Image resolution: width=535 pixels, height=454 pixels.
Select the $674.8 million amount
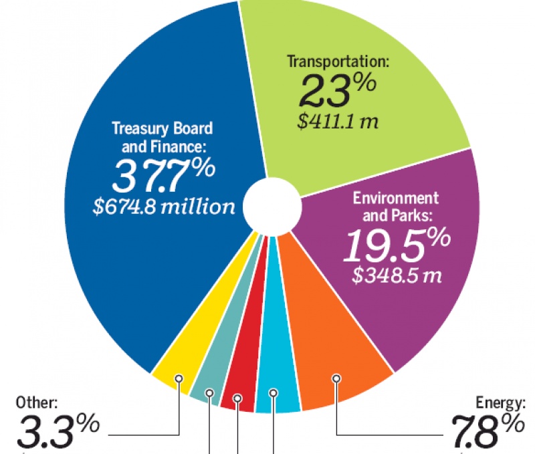coord(164,207)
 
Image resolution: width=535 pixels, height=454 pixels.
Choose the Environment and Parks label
coord(396,207)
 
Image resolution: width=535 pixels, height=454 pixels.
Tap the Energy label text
coord(500,403)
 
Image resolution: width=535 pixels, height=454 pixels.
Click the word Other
coord(37,403)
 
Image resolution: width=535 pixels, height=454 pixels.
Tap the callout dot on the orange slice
coord(336,378)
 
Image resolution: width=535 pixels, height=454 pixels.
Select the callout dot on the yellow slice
coord(179,378)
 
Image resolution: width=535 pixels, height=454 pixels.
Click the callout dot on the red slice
coord(238,399)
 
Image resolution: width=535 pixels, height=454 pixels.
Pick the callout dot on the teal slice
coord(210,393)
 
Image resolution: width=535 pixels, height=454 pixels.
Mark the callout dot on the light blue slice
coord(273,393)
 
